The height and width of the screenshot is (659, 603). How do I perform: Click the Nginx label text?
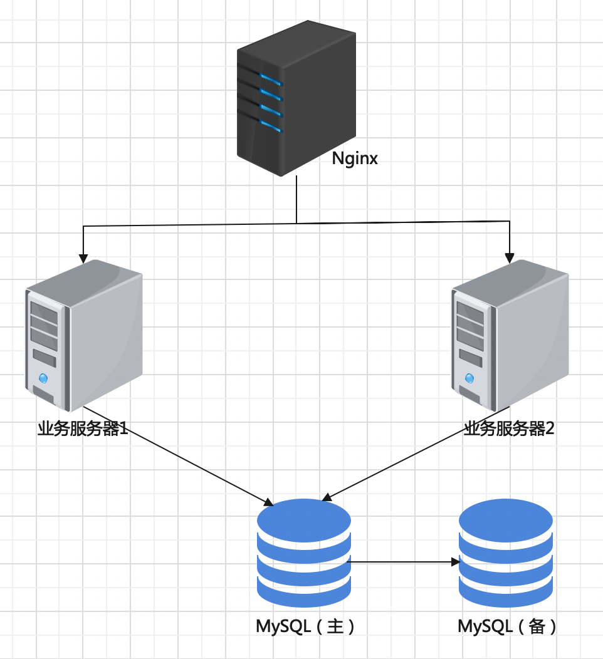(355, 159)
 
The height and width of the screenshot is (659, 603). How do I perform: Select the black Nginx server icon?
(296, 98)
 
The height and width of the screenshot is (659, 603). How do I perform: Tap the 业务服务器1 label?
(83, 428)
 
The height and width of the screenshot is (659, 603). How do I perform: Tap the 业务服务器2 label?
(509, 428)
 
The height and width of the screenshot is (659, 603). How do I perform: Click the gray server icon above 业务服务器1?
(84, 335)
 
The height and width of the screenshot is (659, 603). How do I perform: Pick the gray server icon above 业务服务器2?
(510, 335)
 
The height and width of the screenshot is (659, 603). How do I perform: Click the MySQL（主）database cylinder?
(304, 553)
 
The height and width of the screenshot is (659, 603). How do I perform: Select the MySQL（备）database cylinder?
(506, 553)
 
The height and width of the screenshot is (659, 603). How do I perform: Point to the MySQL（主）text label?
(306, 626)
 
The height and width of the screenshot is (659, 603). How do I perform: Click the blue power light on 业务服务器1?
(43, 378)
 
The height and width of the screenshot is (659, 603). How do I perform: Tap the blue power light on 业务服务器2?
(469, 378)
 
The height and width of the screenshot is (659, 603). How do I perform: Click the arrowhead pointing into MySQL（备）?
(456, 562)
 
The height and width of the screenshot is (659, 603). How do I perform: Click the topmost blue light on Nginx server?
(271, 79)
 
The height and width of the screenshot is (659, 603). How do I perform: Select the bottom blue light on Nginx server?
(271, 126)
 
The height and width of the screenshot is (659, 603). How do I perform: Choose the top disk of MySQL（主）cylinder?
(304, 520)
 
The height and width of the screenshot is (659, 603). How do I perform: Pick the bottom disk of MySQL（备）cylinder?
(506, 591)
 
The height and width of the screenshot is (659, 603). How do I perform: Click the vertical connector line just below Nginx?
(296, 199)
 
